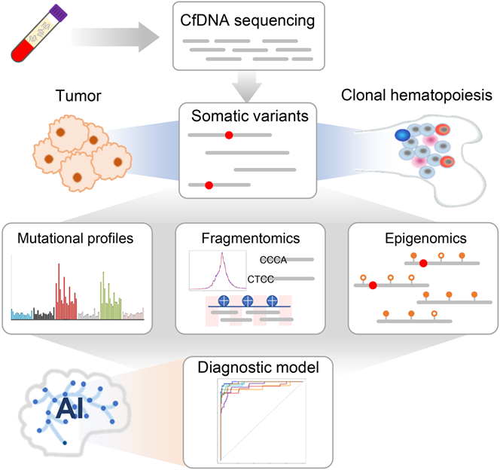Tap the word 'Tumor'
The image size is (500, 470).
[x=75, y=97]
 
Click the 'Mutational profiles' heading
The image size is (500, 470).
[x=73, y=240]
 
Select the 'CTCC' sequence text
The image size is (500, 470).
[x=261, y=279]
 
